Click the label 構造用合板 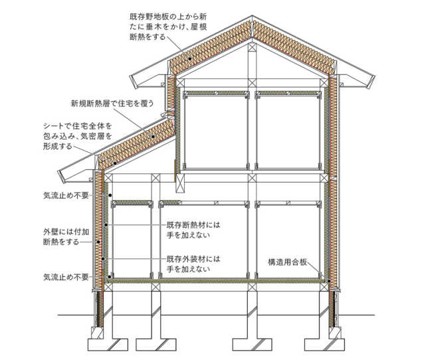[x=287, y=262]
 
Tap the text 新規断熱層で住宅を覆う [x=112, y=104]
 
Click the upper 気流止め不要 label [x=66, y=195]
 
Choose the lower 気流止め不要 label [x=66, y=277]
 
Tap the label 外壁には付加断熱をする [x=66, y=237]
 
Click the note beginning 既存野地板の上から [x=168, y=27]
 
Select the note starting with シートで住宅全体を [x=78, y=136]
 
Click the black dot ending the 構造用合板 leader [x=330, y=281]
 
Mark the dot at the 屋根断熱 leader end [x=190, y=58]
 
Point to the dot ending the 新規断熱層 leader [x=152, y=136]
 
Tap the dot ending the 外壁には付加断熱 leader [x=98, y=242]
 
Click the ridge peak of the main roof [x=252, y=16]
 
